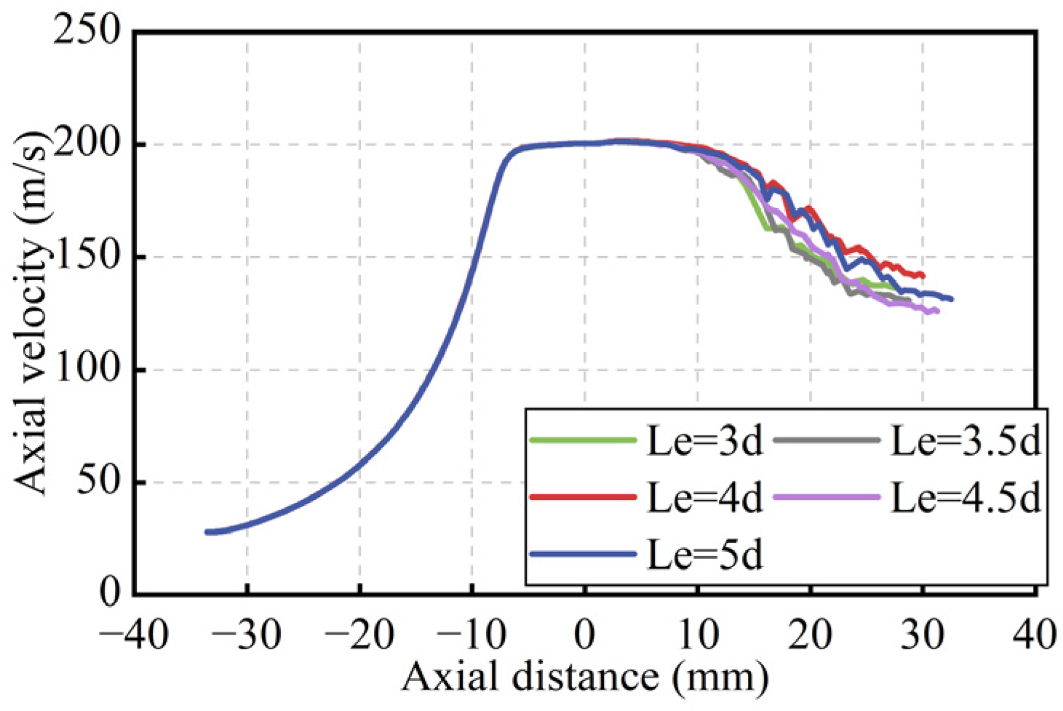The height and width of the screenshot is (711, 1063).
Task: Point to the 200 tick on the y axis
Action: (87, 144)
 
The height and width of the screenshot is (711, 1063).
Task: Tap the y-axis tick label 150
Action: (87, 257)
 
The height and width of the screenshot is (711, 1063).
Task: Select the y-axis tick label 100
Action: (87, 370)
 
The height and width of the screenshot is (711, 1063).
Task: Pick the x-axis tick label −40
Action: (134, 635)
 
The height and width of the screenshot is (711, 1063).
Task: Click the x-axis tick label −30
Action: (247, 635)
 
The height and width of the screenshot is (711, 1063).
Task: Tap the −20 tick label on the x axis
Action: (359, 635)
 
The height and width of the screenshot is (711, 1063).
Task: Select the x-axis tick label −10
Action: (471, 635)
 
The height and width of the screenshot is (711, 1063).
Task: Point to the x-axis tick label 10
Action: (698, 635)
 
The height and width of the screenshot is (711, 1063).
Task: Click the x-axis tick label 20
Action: (810, 635)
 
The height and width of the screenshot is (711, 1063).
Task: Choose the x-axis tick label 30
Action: (923, 635)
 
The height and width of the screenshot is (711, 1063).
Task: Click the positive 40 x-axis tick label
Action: (1035, 635)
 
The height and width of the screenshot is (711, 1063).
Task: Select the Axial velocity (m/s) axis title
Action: (32, 313)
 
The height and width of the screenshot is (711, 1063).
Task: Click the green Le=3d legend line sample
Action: (583, 440)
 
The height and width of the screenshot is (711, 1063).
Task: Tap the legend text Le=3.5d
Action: (966, 441)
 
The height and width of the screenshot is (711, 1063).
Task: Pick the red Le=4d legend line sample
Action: (583, 497)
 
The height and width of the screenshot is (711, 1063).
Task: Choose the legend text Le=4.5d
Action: (966, 498)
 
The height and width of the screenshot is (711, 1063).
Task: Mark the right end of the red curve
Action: (923, 275)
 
